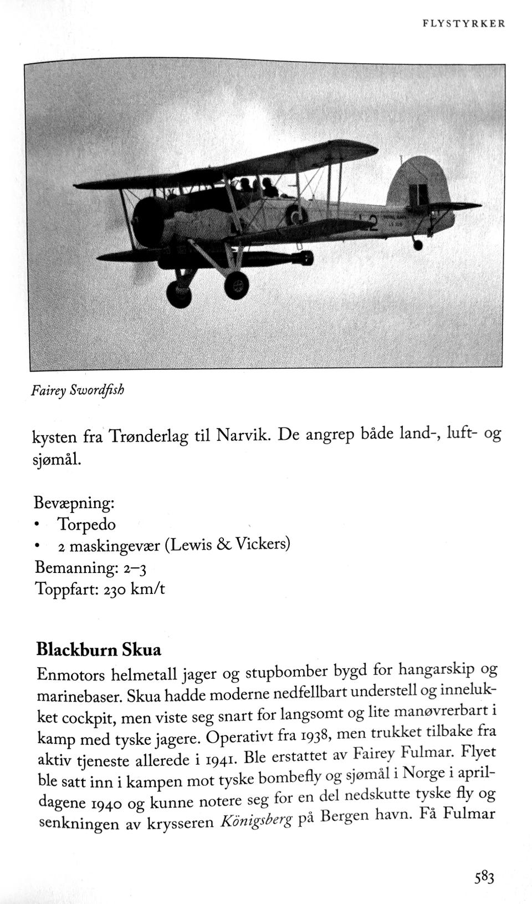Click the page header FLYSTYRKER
coord(463,24)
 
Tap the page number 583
coord(484,877)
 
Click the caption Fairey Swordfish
coord(78,390)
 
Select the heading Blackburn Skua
coord(99,649)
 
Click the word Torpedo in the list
coord(86,524)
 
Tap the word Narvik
coord(242,434)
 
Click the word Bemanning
coord(74,567)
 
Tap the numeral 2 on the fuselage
coord(372,224)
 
